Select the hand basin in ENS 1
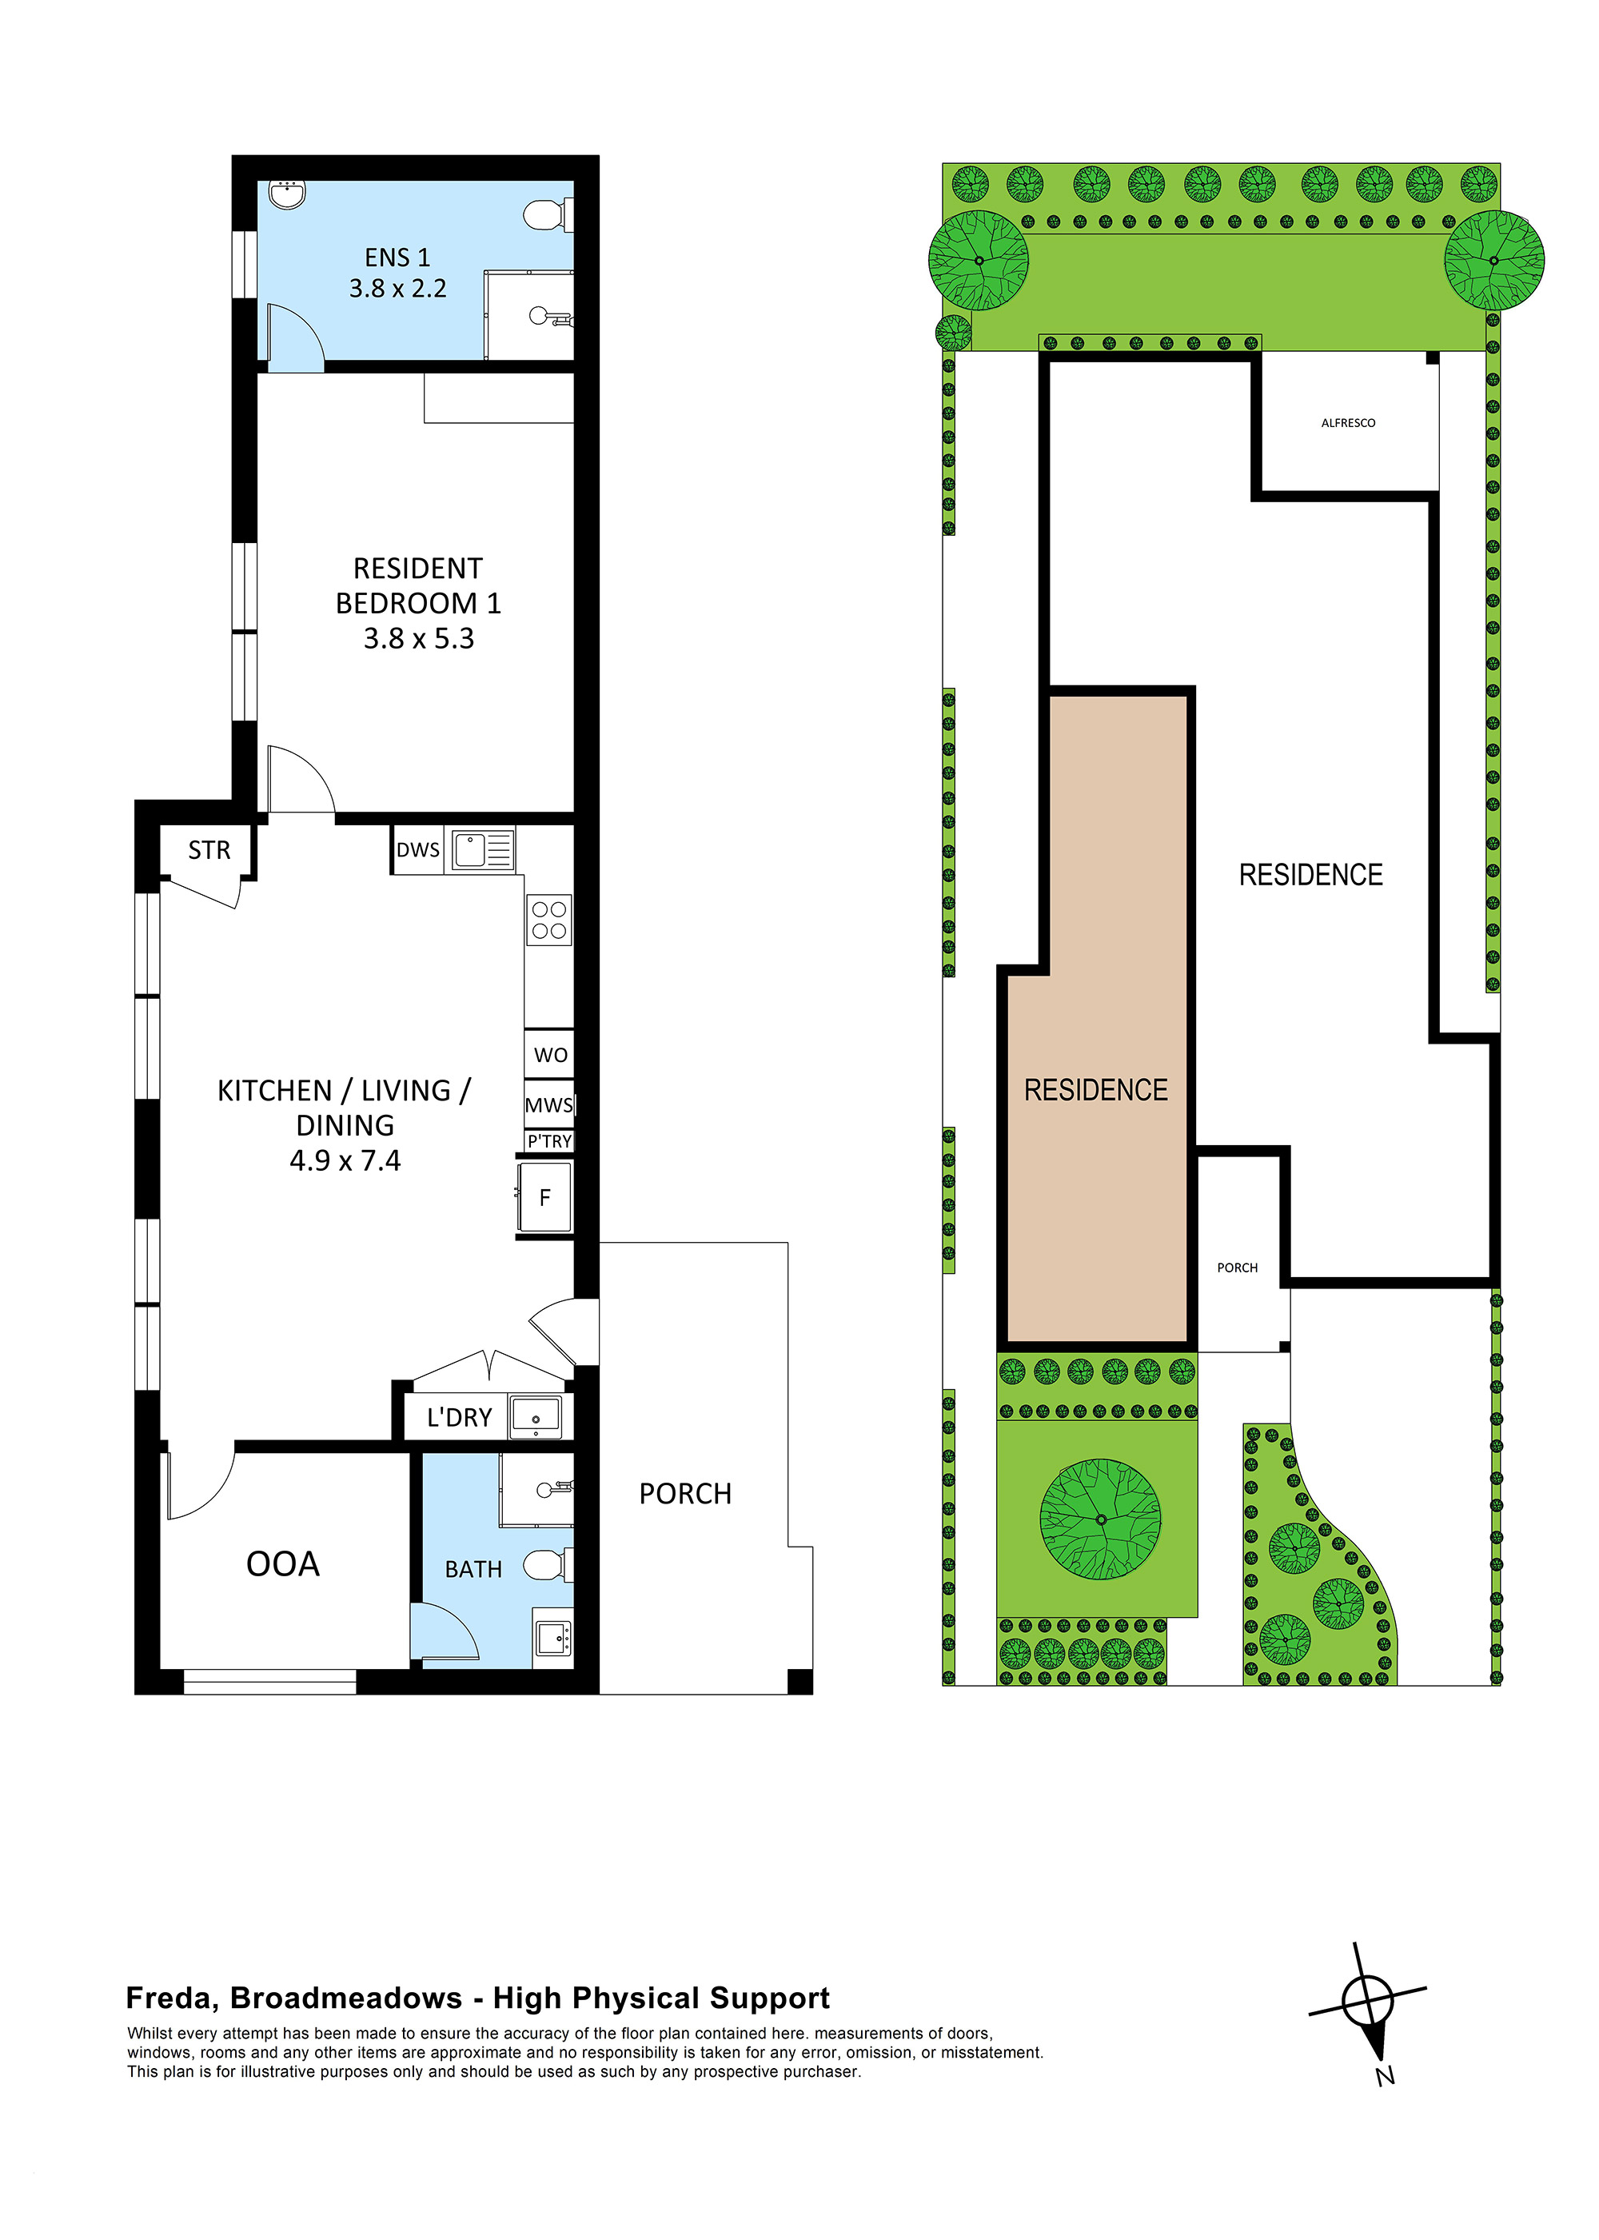click(x=288, y=194)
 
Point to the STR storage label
click(x=209, y=850)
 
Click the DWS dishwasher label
click(x=417, y=850)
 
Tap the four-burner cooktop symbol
click(x=548, y=920)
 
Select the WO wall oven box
click(x=549, y=1056)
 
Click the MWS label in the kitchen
click(x=548, y=1104)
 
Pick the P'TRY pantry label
click(x=548, y=1141)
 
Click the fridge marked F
click(x=544, y=1197)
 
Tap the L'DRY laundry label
click(x=459, y=1418)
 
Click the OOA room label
click(x=282, y=1563)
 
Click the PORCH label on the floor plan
click(x=685, y=1494)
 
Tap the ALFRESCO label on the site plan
click(x=1348, y=423)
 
